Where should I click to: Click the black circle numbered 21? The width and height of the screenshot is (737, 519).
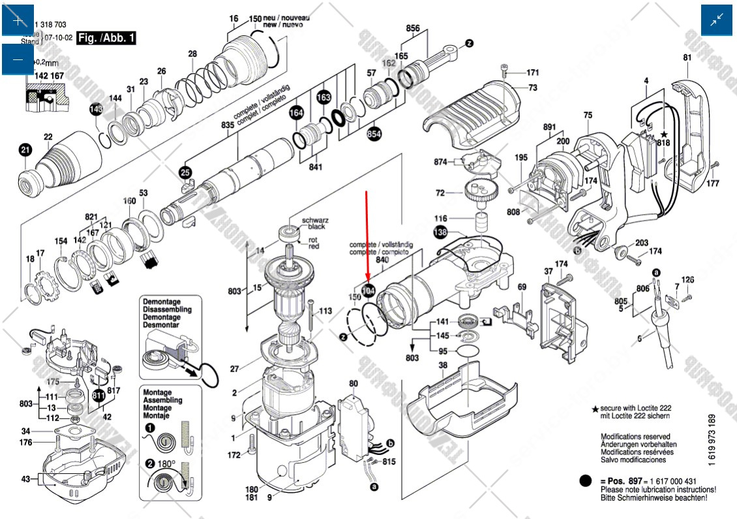point(25,151)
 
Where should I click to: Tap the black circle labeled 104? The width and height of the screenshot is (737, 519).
point(368,292)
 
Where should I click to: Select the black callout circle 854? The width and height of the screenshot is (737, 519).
point(374,134)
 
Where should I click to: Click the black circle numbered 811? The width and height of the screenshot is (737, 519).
point(98,396)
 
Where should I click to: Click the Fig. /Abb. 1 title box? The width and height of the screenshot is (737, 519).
point(106,38)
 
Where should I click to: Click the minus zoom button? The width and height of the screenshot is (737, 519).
point(18,59)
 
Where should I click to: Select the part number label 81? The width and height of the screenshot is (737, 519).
point(687,57)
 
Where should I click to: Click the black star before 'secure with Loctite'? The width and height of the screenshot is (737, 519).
point(595,409)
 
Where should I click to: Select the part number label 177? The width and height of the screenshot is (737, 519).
point(712,183)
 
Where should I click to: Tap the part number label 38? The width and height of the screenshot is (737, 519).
point(443,365)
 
